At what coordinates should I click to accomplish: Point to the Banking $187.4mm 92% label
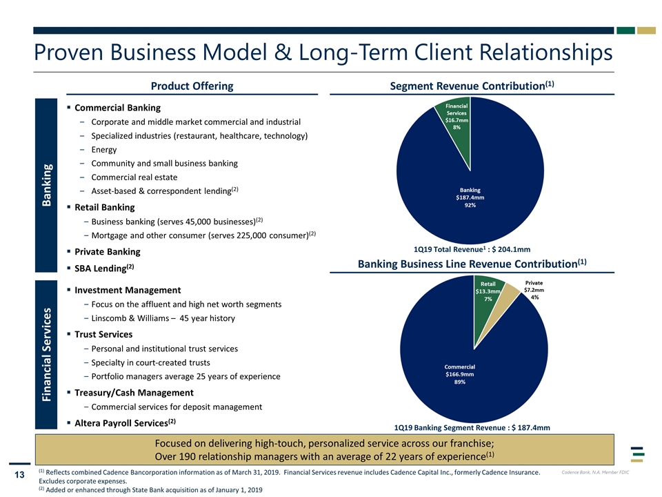[x=470, y=197]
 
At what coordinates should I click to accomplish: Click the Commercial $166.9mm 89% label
[x=460, y=374]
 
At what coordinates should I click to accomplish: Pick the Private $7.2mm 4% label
[x=534, y=290]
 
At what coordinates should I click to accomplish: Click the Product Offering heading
[x=192, y=86]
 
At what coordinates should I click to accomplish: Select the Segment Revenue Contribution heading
[x=472, y=86]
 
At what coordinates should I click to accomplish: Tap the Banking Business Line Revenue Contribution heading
[x=472, y=264]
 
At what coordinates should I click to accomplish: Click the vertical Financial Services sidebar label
[x=46, y=354]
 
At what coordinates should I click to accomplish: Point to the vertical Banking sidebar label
[x=46, y=185]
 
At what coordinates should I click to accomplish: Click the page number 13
[x=19, y=475]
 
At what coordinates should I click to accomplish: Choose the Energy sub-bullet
[x=104, y=150]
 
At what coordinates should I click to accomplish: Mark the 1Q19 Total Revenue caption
[x=472, y=249]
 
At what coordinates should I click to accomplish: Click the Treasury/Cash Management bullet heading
[x=134, y=393]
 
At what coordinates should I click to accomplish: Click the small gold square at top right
[x=646, y=30]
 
